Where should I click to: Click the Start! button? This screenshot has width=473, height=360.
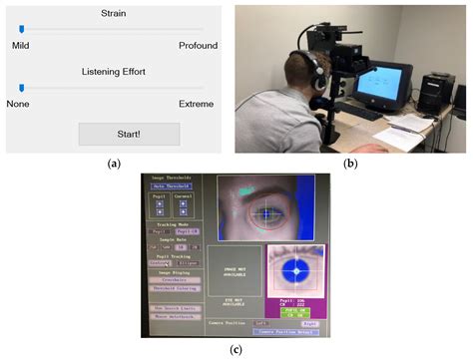coord(129,135)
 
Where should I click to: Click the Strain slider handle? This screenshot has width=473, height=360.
coord(22,30)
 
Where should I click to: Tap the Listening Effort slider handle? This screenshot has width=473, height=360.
coord(22,87)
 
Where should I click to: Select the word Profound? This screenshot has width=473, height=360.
coord(198,46)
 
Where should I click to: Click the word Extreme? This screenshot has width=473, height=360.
coord(197,103)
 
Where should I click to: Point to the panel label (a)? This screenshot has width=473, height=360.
coord(113,164)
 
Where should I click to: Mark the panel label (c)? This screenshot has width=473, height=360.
coord(236,349)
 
